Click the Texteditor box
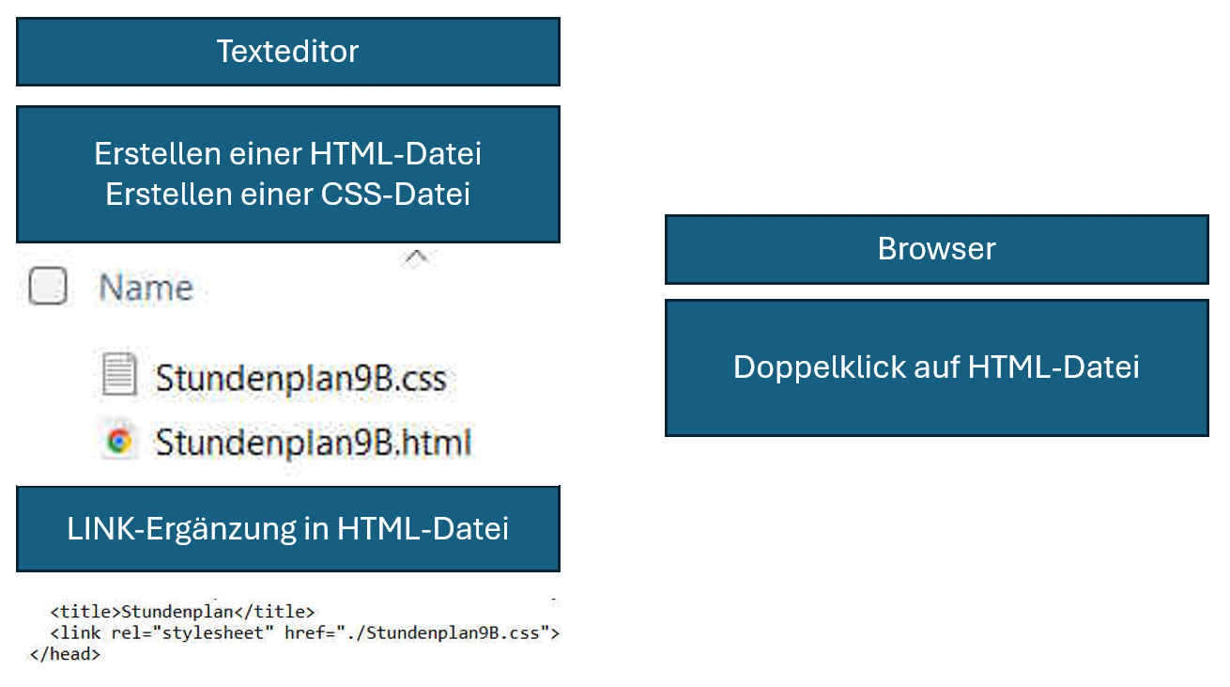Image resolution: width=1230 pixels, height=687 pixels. pyautogui.click(x=287, y=51)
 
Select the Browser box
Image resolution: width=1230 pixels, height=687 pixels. pyautogui.click(x=936, y=249)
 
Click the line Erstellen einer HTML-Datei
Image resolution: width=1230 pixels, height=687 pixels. pyautogui.click(x=287, y=153)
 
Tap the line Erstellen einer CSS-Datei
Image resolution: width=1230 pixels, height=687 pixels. pyautogui.click(x=287, y=194)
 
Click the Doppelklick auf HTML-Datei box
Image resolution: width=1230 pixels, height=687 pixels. pyautogui.click(x=936, y=367)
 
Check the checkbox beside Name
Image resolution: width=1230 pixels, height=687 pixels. pyautogui.click(x=47, y=287)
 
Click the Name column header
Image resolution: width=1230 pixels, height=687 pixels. pyautogui.click(x=146, y=287)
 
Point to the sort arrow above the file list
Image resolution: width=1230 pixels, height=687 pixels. pyautogui.click(x=416, y=257)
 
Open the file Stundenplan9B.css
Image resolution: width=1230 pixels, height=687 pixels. pyautogui.click(x=300, y=378)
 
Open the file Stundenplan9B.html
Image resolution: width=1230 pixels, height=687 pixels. pyautogui.click(x=313, y=442)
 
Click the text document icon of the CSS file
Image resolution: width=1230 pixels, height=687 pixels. pyautogui.click(x=119, y=375)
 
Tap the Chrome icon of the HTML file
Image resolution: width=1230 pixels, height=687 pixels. pyautogui.click(x=119, y=441)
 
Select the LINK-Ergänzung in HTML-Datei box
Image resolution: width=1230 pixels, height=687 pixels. pyautogui.click(x=287, y=528)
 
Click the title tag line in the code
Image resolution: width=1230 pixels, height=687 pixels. pyautogui.click(x=182, y=612)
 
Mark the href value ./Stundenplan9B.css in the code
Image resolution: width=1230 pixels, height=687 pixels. pyautogui.click(x=453, y=632)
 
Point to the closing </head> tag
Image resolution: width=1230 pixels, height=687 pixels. pyautogui.click(x=65, y=653)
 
